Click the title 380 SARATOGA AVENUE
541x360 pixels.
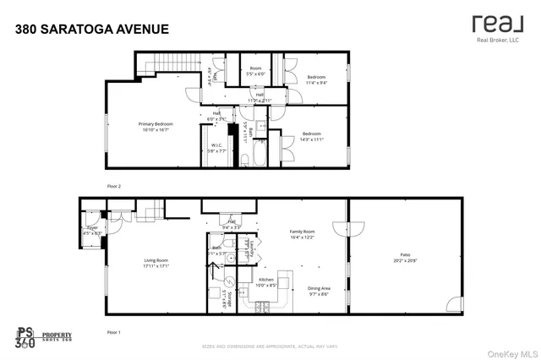(x=92, y=30)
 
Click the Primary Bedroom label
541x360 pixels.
(x=155, y=128)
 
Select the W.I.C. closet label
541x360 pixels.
(x=216, y=149)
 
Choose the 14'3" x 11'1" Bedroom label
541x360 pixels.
(x=311, y=136)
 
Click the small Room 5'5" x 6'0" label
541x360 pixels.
(x=254, y=71)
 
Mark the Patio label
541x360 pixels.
(x=406, y=256)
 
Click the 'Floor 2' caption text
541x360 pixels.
(x=113, y=185)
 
